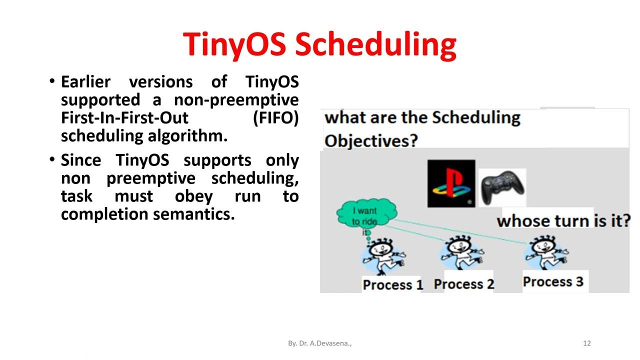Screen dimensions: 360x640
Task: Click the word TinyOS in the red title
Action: pos(234,44)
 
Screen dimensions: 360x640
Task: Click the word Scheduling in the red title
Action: pos(375,44)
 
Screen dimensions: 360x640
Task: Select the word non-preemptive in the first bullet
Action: pos(236,100)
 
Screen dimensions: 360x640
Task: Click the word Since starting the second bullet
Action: pos(80,160)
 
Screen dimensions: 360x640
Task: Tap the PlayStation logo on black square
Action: pos(451,183)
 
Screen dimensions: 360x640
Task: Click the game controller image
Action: pos(502,186)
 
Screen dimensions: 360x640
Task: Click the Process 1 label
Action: pos(392,284)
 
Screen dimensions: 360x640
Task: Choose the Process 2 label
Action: pos(463,284)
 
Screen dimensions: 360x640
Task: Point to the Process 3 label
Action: pos(552,281)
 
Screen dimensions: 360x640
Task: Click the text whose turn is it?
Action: pos(563,220)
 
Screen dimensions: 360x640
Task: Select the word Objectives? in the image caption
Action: pos(370,140)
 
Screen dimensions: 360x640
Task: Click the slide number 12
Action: pos(586,343)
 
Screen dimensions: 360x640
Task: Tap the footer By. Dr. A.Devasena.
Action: pos(319,343)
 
